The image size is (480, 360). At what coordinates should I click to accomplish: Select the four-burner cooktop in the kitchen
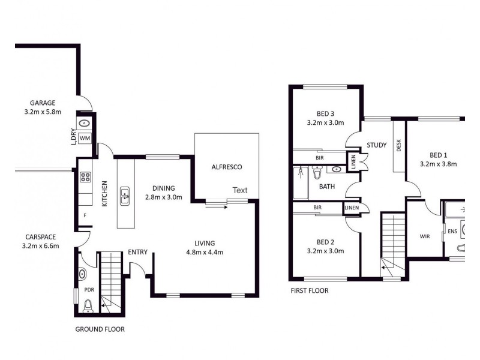pyautogui.click(x=85, y=177)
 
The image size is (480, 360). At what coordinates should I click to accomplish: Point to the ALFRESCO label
pyautogui.click(x=226, y=167)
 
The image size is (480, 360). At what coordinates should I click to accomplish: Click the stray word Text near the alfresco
pyautogui.click(x=240, y=190)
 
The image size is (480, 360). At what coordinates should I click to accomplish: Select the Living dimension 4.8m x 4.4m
pyautogui.click(x=205, y=252)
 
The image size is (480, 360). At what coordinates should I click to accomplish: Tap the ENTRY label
pyautogui.click(x=137, y=252)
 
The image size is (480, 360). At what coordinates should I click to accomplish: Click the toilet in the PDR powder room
pyautogui.click(x=88, y=308)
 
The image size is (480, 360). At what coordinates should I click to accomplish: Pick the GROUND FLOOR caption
pyautogui.click(x=100, y=329)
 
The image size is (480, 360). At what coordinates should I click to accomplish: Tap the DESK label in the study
pyautogui.click(x=398, y=145)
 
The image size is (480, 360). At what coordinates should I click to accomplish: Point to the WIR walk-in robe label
pyautogui.click(x=425, y=236)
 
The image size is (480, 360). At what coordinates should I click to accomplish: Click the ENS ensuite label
pyautogui.click(x=452, y=230)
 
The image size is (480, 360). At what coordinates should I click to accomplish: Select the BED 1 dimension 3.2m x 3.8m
pyautogui.click(x=438, y=163)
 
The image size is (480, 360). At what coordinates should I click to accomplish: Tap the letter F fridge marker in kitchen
pyautogui.click(x=85, y=215)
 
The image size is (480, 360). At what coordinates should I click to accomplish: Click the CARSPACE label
pyautogui.click(x=41, y=236)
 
